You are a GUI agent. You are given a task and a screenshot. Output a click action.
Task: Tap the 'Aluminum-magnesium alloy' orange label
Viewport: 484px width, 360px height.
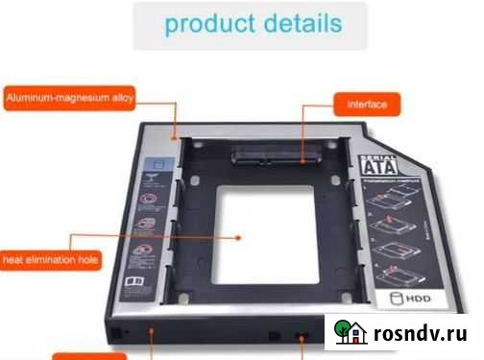point(69,97)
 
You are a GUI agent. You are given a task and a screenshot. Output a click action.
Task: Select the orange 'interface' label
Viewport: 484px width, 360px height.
point(366,103)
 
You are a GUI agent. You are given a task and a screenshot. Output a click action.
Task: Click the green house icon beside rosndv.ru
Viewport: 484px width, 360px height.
point(348,332)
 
